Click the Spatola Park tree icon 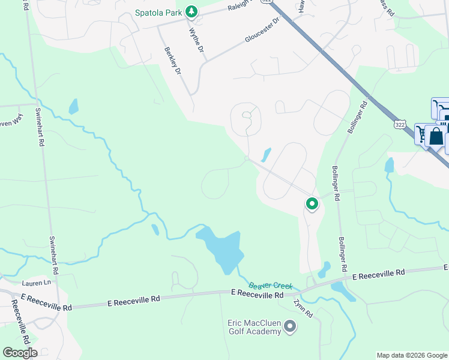point(191,11)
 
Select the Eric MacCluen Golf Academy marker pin point(291,327)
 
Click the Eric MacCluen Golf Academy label point(254,327)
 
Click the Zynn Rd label point(304,308)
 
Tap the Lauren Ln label point(36,283)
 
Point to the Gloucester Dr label point(262,30)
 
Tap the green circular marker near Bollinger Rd point(312,204)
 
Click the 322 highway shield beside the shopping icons point(400,124)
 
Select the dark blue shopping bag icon point(436,136)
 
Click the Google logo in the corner point(20,353)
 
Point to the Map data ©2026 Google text point(412,355)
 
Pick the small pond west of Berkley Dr point(73,107)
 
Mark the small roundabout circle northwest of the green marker point(247,158)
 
